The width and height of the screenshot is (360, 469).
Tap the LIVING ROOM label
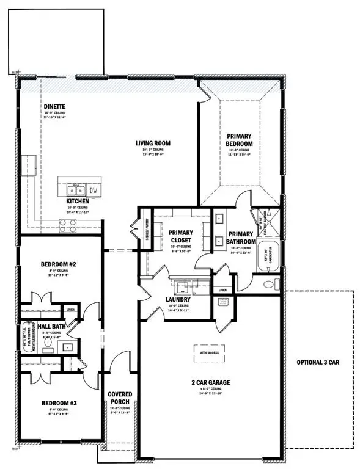tap(153, 144)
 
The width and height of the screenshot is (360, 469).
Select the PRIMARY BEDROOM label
tap(240, 139)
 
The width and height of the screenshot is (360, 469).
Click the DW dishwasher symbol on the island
tap(94, 190)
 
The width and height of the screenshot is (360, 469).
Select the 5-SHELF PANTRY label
tap(145, 228)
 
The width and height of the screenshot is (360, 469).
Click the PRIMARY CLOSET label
tap(180, 236)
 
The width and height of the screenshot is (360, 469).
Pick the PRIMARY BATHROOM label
tap(241, 238)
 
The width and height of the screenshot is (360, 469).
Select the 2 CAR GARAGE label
tap(210, 383)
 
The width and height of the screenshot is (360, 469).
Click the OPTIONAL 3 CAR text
tap(317, 362)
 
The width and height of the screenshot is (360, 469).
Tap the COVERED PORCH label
tap(120, 398)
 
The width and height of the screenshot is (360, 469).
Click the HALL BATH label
tap(48, 327)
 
